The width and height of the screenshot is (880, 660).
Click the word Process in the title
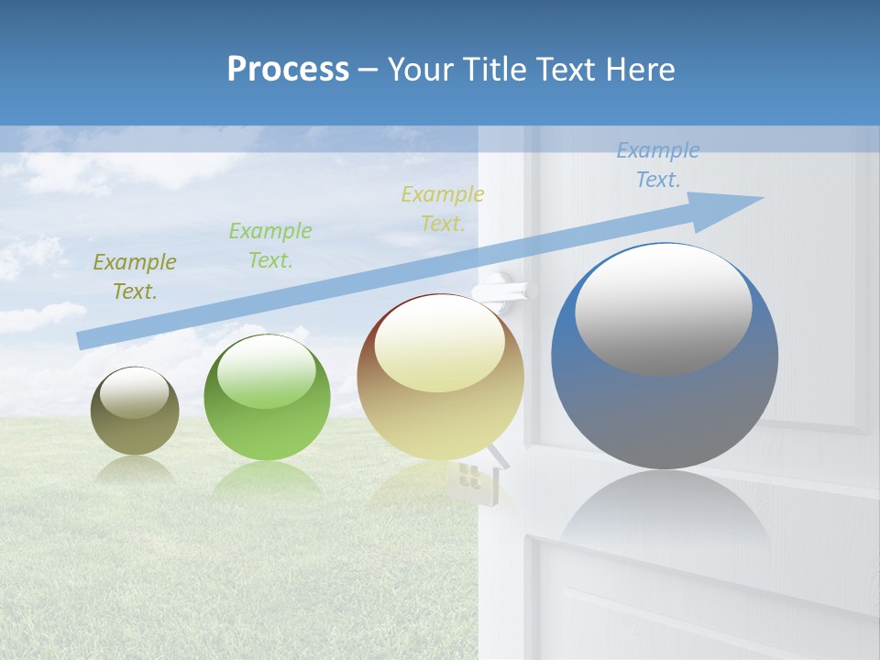coord(288,70)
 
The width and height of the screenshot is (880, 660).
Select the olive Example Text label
coord(134,277)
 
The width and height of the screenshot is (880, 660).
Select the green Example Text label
coord(269,246)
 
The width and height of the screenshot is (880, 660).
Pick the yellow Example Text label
coord(442,208)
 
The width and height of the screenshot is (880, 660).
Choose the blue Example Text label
coord(657,165)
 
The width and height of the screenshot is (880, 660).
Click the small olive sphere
coord(135,422)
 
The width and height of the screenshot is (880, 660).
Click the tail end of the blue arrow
coord(84,340)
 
